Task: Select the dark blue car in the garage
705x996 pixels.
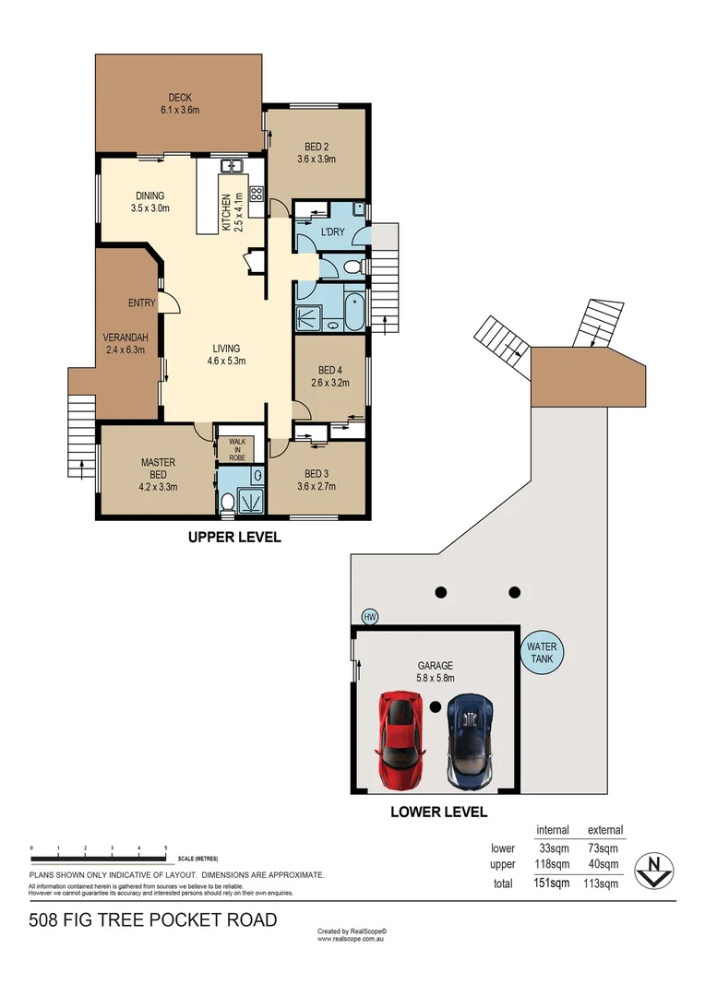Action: tap(470, 741)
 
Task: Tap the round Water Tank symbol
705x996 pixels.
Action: tap(542, 653)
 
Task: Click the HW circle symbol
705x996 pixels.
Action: tap(370, 617)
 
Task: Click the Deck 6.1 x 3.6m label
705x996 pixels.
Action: tap(179, 104)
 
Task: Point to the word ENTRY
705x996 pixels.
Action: tap(142, 302)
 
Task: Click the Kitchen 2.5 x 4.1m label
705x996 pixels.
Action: tap(232, 211)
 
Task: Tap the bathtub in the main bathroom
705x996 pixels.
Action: tap(353, 311)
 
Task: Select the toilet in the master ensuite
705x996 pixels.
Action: tap(227, 501)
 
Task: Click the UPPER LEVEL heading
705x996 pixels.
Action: tap(233, 537)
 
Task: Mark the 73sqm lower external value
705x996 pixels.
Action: tap(604, 848)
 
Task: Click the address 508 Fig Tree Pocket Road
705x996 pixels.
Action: tap(153, 919)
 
